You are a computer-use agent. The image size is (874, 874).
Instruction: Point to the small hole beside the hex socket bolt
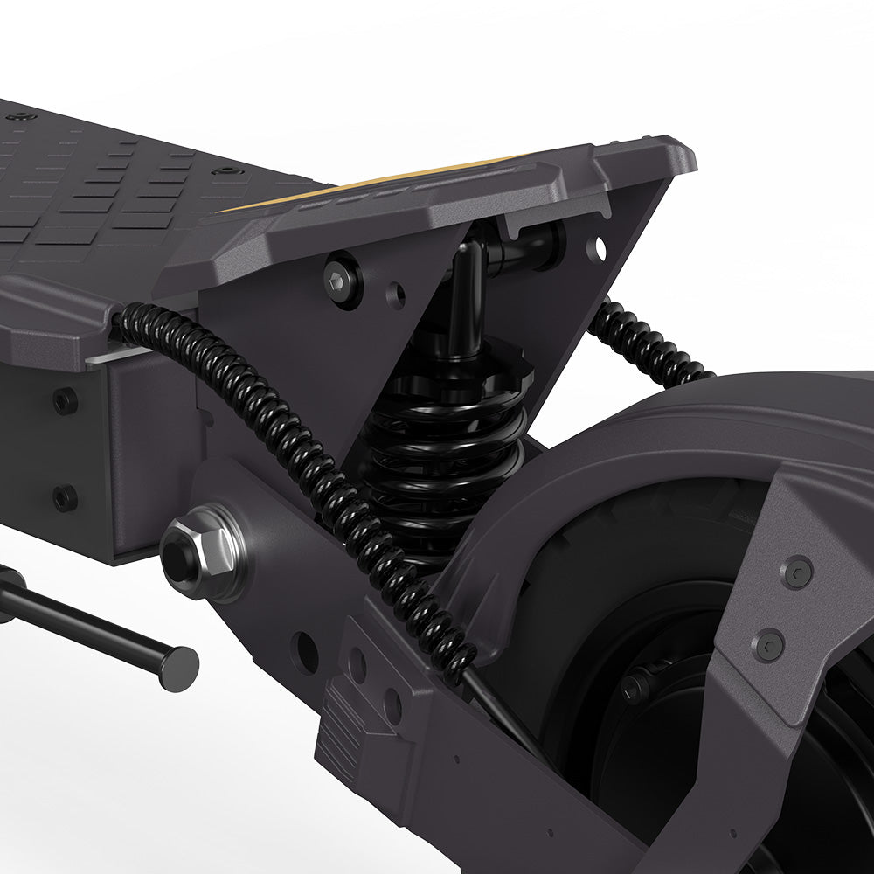[396, 295]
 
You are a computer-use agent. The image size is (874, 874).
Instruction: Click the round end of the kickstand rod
[179, 668]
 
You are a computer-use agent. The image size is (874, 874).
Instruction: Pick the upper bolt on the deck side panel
[65, 401]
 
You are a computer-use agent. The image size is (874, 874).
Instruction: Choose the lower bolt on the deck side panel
[65, 497]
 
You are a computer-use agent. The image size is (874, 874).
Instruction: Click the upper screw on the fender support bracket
[795, 572]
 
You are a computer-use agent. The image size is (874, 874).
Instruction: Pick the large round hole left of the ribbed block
[306, 651]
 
